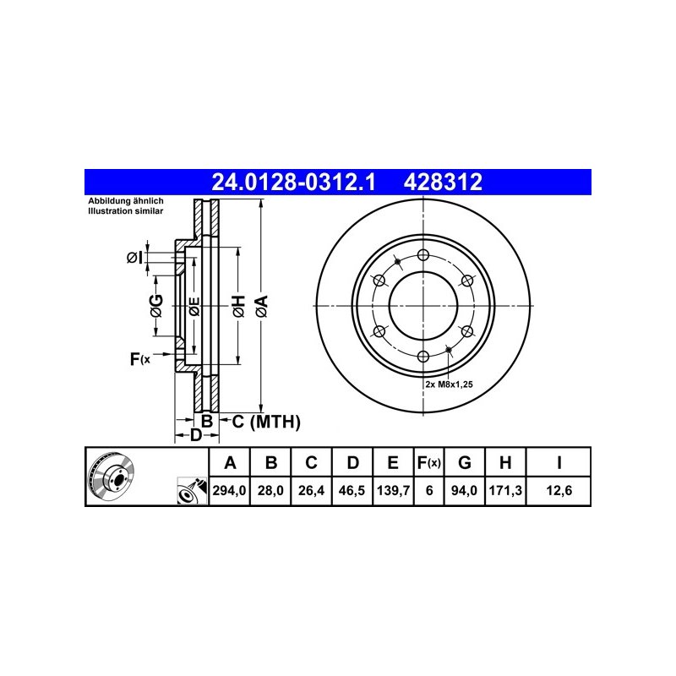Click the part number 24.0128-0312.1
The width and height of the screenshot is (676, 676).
(x=293, y=182)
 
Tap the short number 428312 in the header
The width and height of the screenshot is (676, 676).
(x=443, y=182)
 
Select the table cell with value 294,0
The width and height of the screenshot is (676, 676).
(x=229, y=490)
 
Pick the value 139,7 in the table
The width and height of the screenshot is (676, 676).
(x=393, y=490)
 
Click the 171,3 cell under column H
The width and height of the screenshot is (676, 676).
(x=505, y=490)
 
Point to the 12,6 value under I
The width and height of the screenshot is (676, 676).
(x=559, y=490)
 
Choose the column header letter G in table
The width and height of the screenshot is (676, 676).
(x=464, y=462)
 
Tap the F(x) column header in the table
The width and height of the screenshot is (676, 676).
(x=429, y=462)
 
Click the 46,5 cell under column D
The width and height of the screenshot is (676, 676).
(x=352, y=490)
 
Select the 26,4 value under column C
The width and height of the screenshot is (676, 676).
(x=311, y=490)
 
